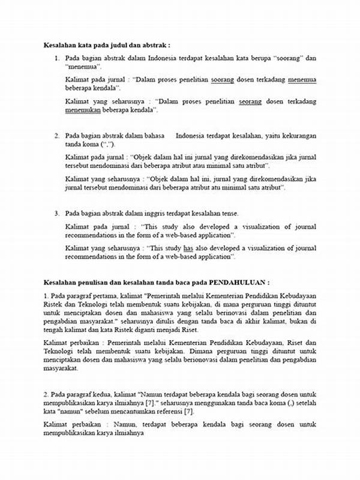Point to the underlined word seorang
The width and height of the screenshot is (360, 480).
(x=250, y=102)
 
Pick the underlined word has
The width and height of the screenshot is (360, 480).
(x=188, y=248)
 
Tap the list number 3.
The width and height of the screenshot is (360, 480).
(x=57, y=213)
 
